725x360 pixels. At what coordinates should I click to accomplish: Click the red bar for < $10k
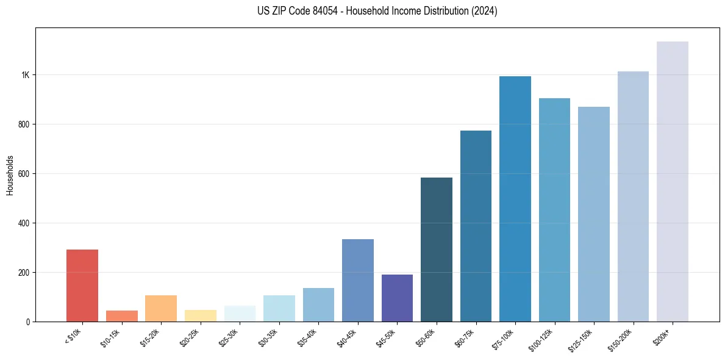pyautogui.click(x=82, y=285)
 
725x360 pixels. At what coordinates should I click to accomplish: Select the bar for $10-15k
pyautogui.click(x=121, y=316)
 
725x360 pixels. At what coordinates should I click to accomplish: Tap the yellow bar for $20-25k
pyautogui.click(x=200, y=315)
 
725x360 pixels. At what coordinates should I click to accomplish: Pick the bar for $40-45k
pyautogui.click(x=357, y=280)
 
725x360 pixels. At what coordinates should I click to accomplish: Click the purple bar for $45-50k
pyautogui.click(x=397, y=298)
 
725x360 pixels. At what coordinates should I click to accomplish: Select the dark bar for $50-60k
pyautogui.click(x=436, y=250)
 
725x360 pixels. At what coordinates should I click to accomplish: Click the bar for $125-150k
pyautogui.click(x=593, y=214)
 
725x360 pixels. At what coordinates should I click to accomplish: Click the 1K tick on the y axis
pyautogui.click(x=25, y=75)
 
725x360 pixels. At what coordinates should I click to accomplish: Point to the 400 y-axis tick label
pyautogui.click(x=24, y=223)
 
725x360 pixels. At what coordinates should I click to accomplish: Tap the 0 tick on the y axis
pyautogui.click(x=28, y=322)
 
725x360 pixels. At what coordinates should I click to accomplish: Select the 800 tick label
pyautogui.click(x=24, y=124)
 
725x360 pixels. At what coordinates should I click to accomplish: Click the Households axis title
pyautogui.click(x=10, y=175)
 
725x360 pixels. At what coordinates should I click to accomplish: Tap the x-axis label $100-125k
pyautogui.click(x=542, y=339)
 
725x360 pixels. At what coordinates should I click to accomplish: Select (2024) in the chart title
pyautogui.click(x=484, y=12)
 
